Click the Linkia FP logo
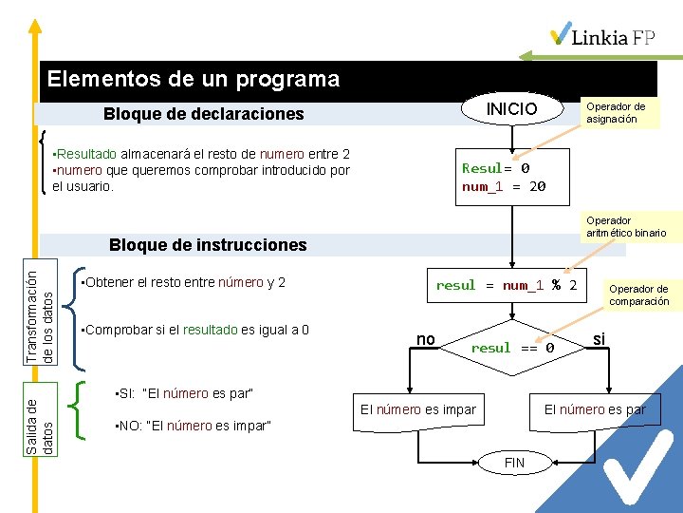pos(602,35)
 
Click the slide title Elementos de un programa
pos(194,79)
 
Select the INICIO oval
pos(511,109)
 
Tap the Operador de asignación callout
pos(616,113)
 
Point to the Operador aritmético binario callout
pos(625,226)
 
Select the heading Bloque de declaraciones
pos(203,114)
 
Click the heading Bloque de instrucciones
pos(208,245)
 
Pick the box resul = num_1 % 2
pos(507,285)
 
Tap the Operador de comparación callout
pos(638,295)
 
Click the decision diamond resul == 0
pos(512,348)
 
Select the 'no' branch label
pos(426,338)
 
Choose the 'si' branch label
pos(599,338)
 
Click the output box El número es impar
pos(418,409)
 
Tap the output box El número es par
pos(594,409)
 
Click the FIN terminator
pos(513,463)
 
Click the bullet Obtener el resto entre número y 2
pos(185,282)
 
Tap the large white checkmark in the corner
pos(641,465)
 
